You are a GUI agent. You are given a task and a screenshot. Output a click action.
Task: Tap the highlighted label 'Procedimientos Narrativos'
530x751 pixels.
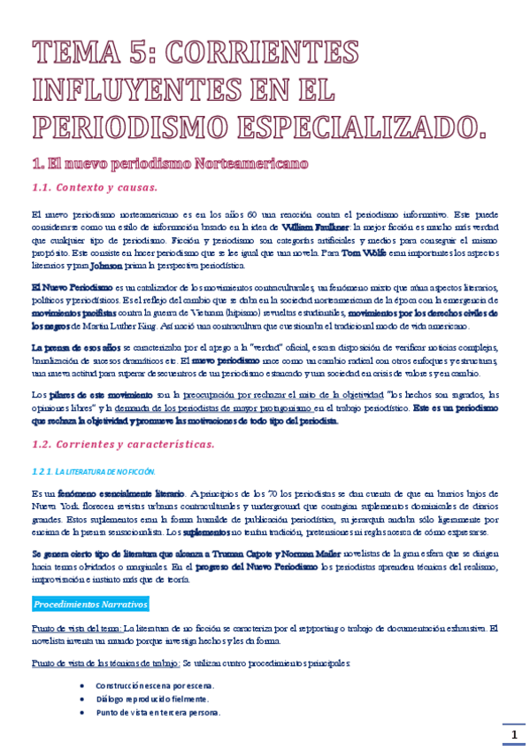89,604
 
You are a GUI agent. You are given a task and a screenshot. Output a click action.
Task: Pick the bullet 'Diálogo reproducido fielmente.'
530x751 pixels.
152,699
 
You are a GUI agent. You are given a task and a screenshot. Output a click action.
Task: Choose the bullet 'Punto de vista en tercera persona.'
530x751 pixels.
159,712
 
